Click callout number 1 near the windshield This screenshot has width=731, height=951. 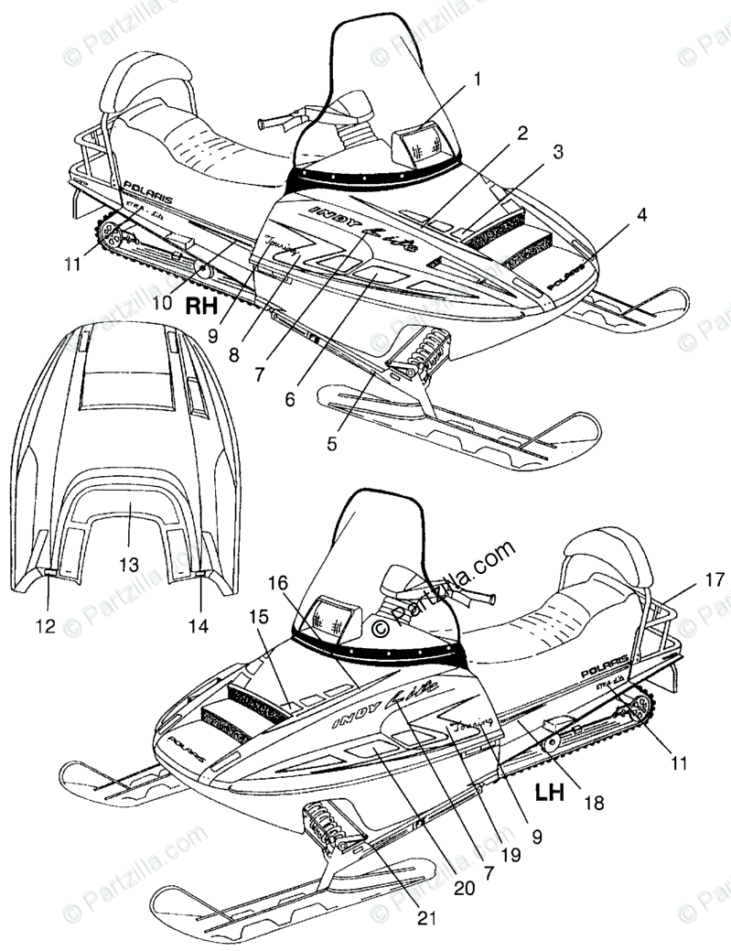pyautogui.click(x=477, y=80)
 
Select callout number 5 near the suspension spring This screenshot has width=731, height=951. pyautogui.click(x=332, y=444)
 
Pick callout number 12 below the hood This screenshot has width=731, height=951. pyautogui.click(x=46, y=626)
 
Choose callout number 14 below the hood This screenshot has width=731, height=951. pyautogui.click(x=199, y=626)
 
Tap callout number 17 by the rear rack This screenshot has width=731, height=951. pyautogui.click(x=714, y=579)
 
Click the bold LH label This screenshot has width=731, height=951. pyautogui.click(x=549, y=792)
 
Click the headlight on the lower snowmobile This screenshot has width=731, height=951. pyautogui.click(x=336, y=619)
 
